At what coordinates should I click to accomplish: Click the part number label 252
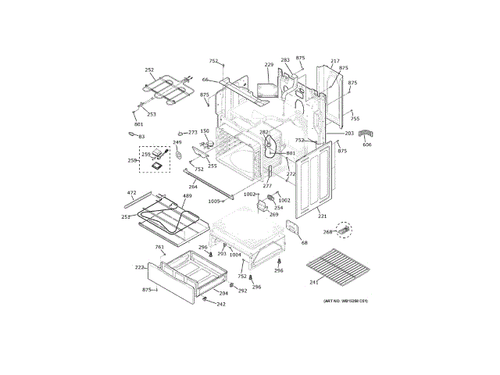pos(149,70)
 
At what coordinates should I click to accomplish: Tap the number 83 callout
pos(141,137)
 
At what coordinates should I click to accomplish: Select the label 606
pos(367,145)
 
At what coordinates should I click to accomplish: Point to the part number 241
pos(313,282)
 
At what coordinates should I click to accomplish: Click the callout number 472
pos(131,192)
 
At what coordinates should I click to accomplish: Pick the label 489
pos(187,197)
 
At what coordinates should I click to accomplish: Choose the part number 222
pos(139,267)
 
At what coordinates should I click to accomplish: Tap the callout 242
pos(221,304)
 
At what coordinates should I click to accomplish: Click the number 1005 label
pos(214,202)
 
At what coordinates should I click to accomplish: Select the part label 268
pos(327,232)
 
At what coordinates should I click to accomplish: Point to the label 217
pos(335,61)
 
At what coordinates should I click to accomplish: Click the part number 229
pos(269,65)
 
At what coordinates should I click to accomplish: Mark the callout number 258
pos(132,160)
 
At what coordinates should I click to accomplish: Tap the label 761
pos(159,248)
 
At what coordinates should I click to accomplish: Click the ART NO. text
pos(345,301)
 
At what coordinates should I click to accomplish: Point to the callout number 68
pos(305,243)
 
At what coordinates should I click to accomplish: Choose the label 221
pos(322,216)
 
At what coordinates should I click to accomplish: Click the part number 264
pos(193,187)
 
